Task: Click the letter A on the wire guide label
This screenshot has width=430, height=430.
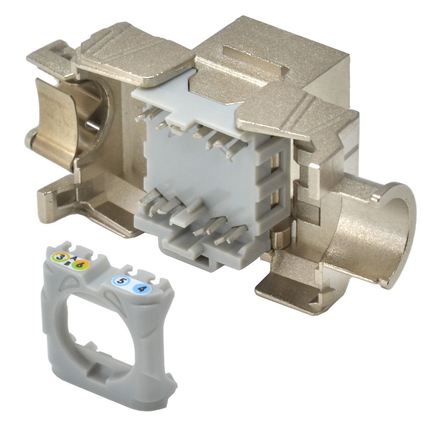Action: pyautogui.click(x=72, y=258)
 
